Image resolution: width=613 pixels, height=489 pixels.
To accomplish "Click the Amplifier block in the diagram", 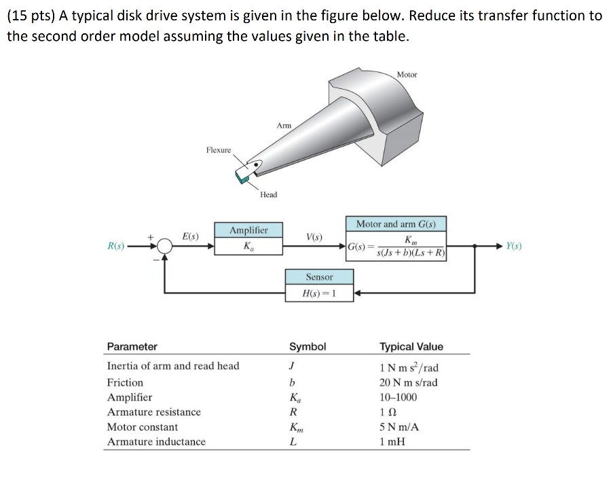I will coord(248,238).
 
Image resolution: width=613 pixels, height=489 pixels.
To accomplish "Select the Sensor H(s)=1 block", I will coord(319,285).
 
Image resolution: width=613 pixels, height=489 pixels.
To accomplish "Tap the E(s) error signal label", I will coord(190,236).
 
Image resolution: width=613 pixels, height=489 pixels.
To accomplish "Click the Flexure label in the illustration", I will coord(219,149).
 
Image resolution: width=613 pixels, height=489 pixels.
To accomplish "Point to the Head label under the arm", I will coord(269,195).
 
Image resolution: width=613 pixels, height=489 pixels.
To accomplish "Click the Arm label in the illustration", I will coord(284,125).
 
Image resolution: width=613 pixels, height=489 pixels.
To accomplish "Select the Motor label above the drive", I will coord(407,74).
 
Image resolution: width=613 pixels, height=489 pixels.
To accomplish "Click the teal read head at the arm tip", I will coord(242,176).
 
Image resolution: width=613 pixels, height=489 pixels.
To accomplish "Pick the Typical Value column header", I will coord(411,346).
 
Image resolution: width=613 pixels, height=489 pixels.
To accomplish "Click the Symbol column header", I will coord(308,346).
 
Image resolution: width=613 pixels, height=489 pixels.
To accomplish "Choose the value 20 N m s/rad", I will coord(409,382).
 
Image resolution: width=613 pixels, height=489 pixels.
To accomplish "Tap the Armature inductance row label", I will coord(156,441).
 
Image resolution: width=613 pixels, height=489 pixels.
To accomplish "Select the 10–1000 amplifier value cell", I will coord(398,397).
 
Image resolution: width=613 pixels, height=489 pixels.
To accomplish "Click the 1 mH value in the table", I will coord(392,441).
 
